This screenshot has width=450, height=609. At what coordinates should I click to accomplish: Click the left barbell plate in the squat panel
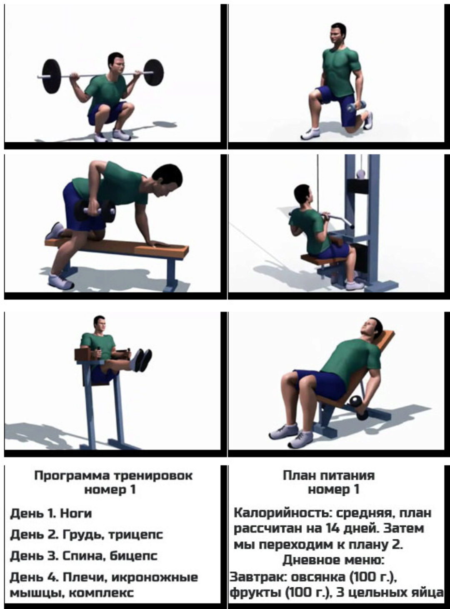coord(52,76)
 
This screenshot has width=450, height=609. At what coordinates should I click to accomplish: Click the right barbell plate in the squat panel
coord(153,72)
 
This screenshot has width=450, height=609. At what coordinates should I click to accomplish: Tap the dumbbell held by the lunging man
coord(356,106)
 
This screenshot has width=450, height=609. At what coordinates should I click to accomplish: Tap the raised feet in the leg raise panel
coord(142,360)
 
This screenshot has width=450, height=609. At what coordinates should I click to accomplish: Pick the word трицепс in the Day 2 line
coord(135,535)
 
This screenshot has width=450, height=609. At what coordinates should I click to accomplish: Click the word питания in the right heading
coord(347,475)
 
